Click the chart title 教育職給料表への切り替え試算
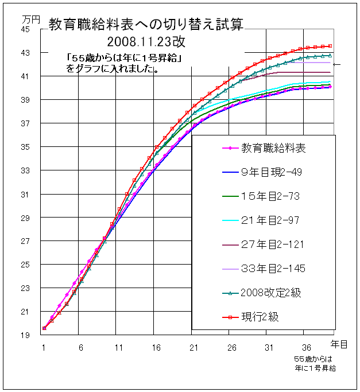(145, 24)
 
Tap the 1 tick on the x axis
(44, 347)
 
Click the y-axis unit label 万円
(32, 18)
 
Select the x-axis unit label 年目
(339, 343)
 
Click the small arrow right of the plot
(337, 64)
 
